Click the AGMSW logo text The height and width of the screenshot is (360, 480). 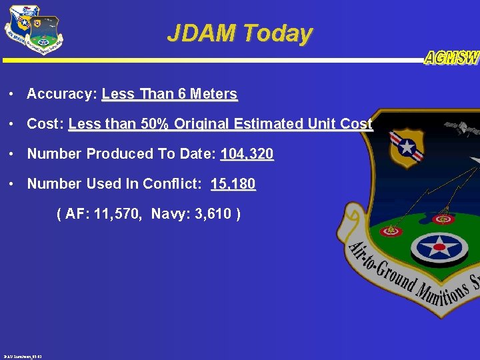[451, 58]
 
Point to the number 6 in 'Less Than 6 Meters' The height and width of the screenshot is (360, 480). [182, 94]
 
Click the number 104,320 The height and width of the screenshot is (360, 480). [247, 154]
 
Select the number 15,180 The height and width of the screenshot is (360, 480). [233, 184]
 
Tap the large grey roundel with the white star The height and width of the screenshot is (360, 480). [438, 247]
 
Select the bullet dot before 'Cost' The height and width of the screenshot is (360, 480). [13, 124]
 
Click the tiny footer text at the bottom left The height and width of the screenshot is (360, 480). [23, 356]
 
